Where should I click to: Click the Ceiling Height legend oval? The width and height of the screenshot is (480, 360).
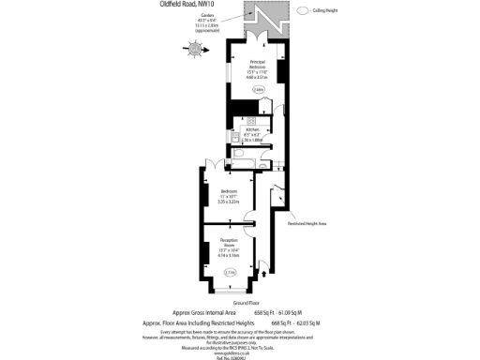click(303, 10)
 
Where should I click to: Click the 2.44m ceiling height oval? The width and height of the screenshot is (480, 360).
click(258, 90)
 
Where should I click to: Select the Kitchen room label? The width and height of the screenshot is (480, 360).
click(256, 132)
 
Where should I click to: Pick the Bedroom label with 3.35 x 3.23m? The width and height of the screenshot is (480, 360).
click(228, 196)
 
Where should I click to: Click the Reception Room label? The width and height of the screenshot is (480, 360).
click(228, 249)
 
